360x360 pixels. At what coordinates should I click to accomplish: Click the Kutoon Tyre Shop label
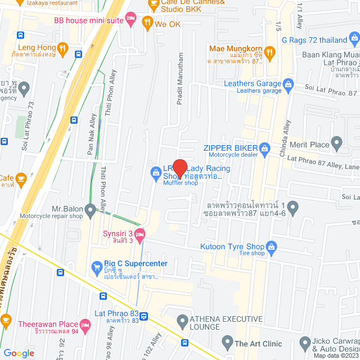pyautogui.click(x=232, y=246)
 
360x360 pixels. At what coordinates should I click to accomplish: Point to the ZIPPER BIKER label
pyautogui.click(x=230, y=148)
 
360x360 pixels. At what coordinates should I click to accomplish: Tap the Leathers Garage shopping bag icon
pyautogui.click(x=288, y=84)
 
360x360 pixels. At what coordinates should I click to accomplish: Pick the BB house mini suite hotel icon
pyautogui.click(x=130, y=20)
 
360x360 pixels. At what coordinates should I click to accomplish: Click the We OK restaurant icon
pyautogui.click(x=147, y=23)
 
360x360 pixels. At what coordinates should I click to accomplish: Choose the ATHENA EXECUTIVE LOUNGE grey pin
pyautogui.click(x=182, y=322)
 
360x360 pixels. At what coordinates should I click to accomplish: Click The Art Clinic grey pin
pyautogui.click(x=227, y=341)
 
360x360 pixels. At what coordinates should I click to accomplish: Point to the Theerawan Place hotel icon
pyautogui.click(x=85, y=324)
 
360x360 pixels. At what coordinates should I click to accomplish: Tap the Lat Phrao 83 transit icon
pyautogui.click(x=144, y=316)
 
